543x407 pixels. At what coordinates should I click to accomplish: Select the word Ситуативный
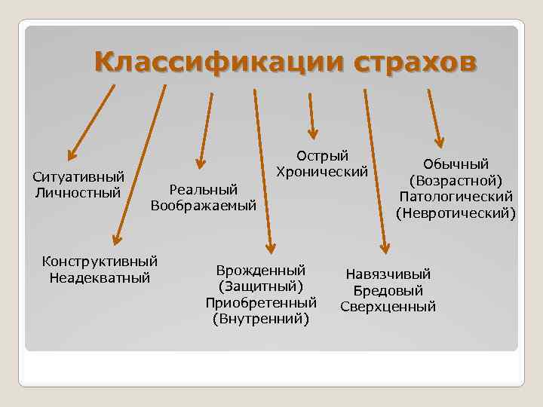coord(78,178)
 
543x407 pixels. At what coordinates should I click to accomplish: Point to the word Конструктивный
coord(100,262)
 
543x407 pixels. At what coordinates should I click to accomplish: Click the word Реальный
coord(204,188)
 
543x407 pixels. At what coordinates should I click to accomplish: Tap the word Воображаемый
coord(204,205)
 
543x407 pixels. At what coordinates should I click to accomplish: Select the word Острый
coord(322,156)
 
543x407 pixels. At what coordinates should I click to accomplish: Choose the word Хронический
coord(322,172)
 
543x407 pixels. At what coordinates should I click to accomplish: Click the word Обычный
coord(456,164)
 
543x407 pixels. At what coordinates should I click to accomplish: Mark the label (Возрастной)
coord(456,181)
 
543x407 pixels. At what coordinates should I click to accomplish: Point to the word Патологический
coord(456,197)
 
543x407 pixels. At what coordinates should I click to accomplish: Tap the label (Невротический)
coord(456,213)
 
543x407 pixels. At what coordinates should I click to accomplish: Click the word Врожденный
coord(261,270)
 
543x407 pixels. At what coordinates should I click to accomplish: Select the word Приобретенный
coord(261,303)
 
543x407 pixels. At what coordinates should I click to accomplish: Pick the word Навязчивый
coord(388,274)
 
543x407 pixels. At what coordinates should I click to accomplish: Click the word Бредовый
coord(388,291)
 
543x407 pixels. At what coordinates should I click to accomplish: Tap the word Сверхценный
coord(388,307)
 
